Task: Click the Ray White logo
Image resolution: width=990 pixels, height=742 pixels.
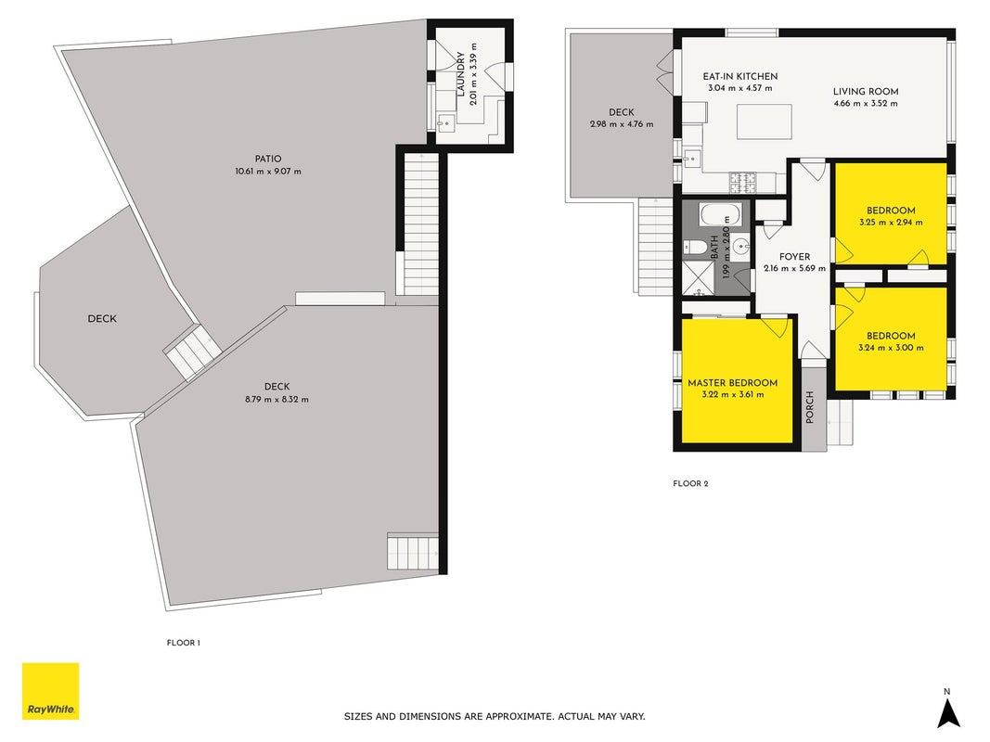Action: pos(50,691)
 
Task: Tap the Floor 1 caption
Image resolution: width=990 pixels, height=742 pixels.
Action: pos(183,643)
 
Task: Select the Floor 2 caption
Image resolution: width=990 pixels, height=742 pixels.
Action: pos(690,484)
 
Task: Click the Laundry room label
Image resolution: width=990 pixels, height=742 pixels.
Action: pos(460,74)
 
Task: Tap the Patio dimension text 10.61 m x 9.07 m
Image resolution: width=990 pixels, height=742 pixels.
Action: pos(268,172)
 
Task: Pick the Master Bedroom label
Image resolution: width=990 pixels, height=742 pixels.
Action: pos(732,383)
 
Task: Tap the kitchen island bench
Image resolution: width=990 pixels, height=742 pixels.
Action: pos(765,122)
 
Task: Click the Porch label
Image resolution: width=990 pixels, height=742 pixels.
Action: pos(810,407)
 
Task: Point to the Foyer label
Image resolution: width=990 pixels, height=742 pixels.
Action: pos(795,257)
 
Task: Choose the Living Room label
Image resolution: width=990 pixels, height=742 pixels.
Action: pos(866,92)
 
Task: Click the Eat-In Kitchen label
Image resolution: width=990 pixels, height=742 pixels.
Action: pos(740,76)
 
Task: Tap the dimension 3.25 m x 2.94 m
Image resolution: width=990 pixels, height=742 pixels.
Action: pos(891,223)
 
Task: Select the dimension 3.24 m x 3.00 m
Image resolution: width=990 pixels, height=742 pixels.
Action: pos(891,348)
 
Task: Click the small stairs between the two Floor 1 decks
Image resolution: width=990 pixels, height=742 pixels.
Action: pos(193,352)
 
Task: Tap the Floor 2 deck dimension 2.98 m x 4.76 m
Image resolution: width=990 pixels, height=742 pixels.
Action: pos(622,124)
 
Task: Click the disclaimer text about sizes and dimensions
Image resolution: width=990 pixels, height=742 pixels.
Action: pos(495,717)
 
